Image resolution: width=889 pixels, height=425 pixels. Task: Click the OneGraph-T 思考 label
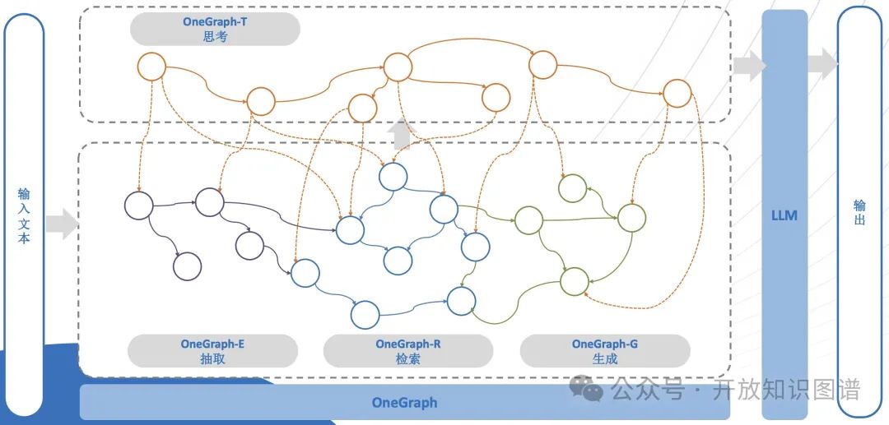pyautogui.click(x=214, y=29)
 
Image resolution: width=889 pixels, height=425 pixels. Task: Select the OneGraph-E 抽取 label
pyautogui.click(x=212, y=351)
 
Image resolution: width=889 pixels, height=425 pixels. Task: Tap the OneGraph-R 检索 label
pyautogui.click(x=407, y=351)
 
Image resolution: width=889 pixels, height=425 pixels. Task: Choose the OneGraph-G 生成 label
pyautogui.click(x=604, y=351)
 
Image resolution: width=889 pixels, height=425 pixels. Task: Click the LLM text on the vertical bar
pyautogui.click(x=784, y=215)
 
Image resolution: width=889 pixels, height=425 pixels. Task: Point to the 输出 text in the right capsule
pyautogui.click(x=859, y=212)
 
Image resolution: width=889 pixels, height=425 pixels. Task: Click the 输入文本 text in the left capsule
pyautogui.click(x=24, y=215)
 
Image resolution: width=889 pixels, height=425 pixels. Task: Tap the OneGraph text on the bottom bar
pyautogui.click(x=404, y=403)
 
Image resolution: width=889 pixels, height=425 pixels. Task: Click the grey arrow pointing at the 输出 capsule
pyautogui.click(x=822, y=64)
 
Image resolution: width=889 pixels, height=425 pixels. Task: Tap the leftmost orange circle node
pyautogui.click(x=151, y=67)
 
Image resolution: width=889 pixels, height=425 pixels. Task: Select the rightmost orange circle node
pyautogui.click(x=677, y=93)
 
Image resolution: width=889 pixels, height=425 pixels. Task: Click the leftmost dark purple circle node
pyautogui.click(x=139, y=205)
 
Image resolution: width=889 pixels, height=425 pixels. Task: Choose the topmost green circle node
pyautogui.click(x=573, y=188)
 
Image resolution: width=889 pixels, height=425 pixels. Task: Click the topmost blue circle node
pyautogui.click(x=393, y=177)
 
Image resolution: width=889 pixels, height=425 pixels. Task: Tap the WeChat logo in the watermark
pyautogui.click(x=588, y=388)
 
